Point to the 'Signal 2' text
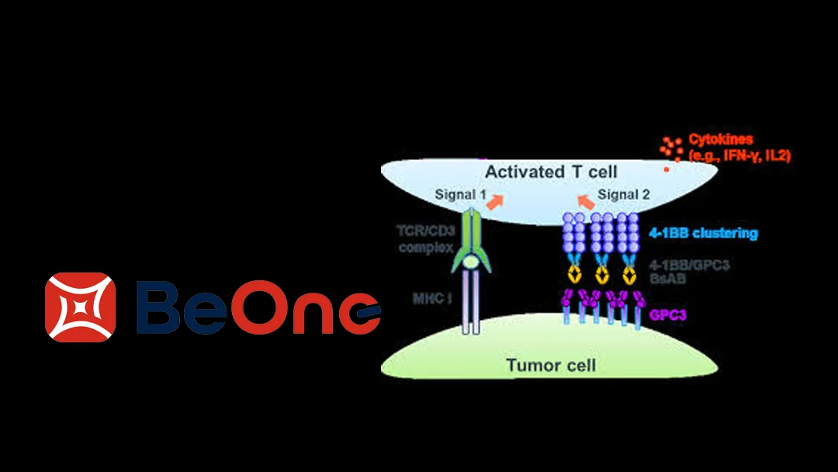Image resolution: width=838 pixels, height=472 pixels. pyautogui.click(x=624, y=194)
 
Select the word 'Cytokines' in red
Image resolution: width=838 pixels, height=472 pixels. pyautogui.click(x=721, y=141)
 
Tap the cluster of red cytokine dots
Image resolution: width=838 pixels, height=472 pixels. pyautogui.click(x=670, y=145)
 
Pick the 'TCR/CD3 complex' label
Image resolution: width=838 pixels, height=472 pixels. pyautogui.click(x=424, y=239)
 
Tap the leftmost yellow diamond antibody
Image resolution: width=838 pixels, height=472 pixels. pyautogui.click(x=576, y=274)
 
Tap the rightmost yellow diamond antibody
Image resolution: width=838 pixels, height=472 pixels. pyautogui.click(x=628, y=274)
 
